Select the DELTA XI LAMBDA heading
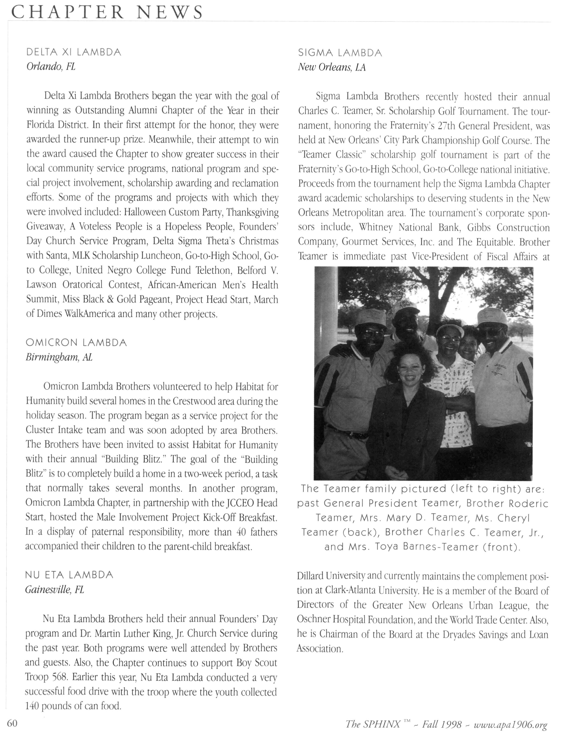[74, 52]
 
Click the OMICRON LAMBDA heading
[76, 342]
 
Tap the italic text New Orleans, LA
[332, 67]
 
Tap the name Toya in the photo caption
[387, 547]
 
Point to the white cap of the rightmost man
[492, 315]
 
